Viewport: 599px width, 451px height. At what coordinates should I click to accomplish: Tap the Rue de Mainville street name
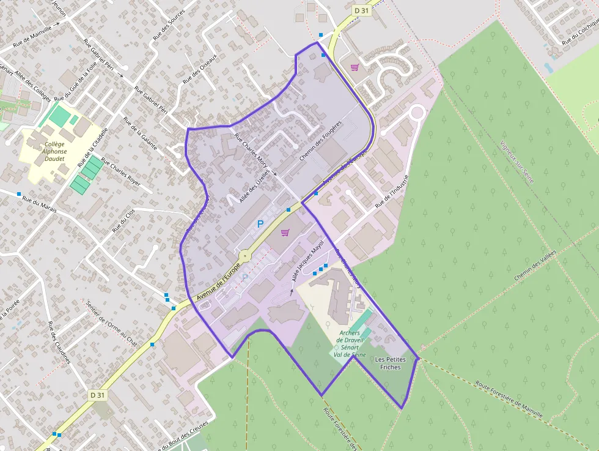point(34,36)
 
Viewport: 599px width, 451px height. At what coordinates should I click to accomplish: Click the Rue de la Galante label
point(141,133)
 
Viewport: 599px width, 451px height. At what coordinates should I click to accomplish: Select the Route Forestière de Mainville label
point(509,400)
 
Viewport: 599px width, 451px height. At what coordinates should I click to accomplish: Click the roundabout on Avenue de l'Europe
point(244,255)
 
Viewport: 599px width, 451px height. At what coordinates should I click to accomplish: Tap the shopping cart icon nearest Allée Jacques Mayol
point(284,233)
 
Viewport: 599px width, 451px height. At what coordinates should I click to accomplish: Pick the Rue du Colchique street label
point(581,34)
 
